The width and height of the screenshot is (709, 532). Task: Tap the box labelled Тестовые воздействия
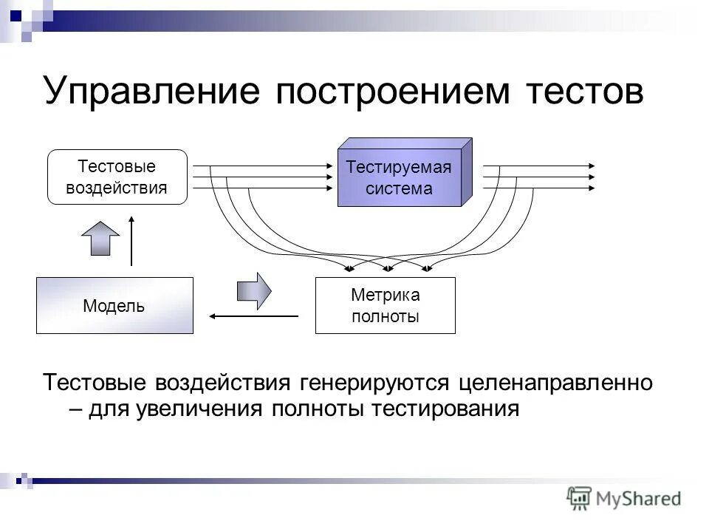pos(117,177)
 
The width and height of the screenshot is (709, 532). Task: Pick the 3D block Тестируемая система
pos(399,177)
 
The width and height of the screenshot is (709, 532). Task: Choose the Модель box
pos(114,305)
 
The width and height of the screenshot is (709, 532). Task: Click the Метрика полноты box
pos(385,305)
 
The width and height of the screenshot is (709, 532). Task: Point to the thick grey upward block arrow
pos(100,237)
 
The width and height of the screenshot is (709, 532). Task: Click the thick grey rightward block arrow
pos(253,290)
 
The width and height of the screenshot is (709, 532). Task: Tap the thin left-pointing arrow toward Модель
pos(253,316)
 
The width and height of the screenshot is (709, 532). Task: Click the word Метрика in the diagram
pos(385,296)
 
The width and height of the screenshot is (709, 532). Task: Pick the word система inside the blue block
pos(399,188)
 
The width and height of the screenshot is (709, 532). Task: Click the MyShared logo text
pos(640,498)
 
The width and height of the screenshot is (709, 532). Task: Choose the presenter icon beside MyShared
pos(580,499)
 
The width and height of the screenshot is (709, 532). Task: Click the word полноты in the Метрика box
pos(385,316)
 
